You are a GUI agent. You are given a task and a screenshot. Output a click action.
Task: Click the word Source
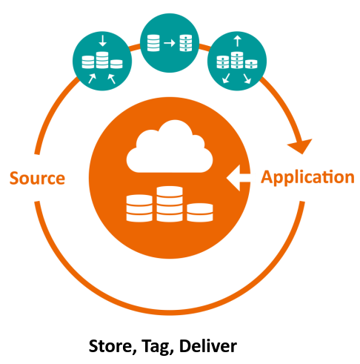[x=37, y=179]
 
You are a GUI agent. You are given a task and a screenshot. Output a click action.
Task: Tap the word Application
[x=307, y=178]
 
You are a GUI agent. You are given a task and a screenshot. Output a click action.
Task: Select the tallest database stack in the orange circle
[x=169, y=204]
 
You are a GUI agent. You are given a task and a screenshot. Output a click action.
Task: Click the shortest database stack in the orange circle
[x=199, y=211]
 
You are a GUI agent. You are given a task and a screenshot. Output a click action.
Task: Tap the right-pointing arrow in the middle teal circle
[x=170, y=42]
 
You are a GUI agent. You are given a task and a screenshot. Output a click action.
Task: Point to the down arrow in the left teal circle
[x=101, y=42]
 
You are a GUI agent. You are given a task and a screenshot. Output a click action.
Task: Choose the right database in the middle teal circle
[x=184, y=42]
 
